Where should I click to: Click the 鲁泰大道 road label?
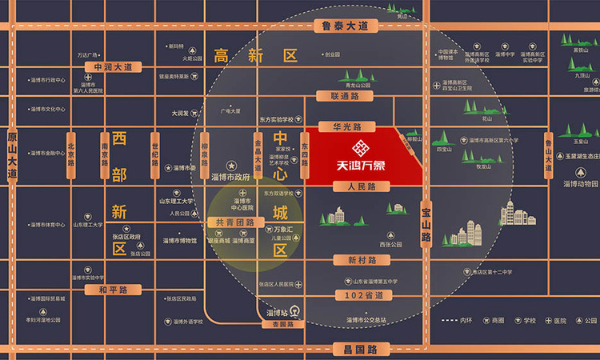coord(345,26)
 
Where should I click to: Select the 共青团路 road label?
coord(230,222)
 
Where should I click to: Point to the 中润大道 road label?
coord(112,67)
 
